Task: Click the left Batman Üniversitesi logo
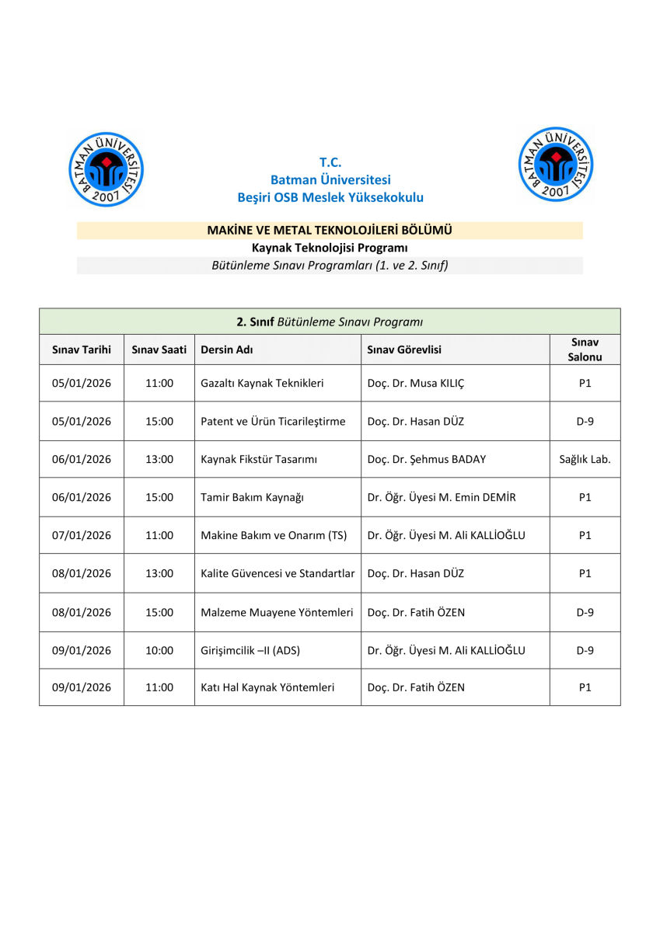[x=107, y=169]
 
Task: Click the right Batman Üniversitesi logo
[x=555, y=164]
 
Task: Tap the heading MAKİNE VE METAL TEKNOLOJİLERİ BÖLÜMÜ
[x=330, y=230]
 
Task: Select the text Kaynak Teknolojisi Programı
[x=330, y=248]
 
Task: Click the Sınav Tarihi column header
[x=82, y=349]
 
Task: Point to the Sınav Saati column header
[x=159, y=349]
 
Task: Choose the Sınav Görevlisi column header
[x=404, y=349]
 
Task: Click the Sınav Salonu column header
[x=585, y=349]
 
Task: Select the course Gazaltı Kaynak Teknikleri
[x=262, y=383]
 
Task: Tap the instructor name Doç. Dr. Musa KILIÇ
[x=415, y=383]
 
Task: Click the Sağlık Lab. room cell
[x=585, y=459]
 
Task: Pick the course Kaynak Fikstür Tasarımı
[x=259, y=459]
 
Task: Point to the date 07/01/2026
[x=82, y=535]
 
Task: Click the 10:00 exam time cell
[x=159, y=650]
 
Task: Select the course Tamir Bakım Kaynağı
[x=252, y=497]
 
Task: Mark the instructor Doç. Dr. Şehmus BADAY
[x=426, y=459]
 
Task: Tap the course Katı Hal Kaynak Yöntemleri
[x=267, y=687]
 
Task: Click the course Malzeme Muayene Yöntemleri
[x=277, y=612]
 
